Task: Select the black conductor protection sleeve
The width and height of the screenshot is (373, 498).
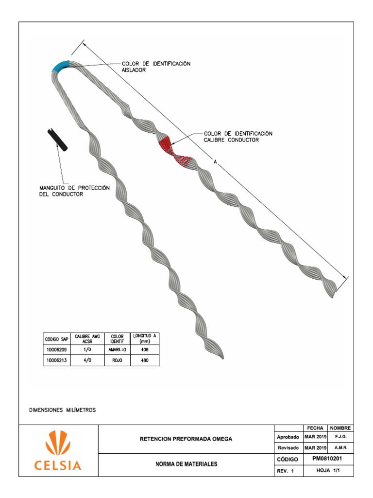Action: click(58, 140)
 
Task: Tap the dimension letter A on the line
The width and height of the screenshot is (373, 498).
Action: click(215, 161)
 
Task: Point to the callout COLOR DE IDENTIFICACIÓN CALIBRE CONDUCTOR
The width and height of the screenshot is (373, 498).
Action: click(238, 137)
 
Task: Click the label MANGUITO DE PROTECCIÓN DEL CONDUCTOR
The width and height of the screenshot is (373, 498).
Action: click(74, 191)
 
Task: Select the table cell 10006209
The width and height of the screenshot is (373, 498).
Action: click(57, 350)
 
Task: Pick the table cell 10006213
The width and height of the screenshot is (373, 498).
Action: click(57, 361)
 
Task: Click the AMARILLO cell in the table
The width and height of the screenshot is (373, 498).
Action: click(117, 350)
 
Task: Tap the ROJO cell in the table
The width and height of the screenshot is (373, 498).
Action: click(117, 361)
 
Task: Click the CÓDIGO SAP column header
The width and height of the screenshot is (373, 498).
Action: click(57, 338)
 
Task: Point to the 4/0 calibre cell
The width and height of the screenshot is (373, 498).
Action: click(87, 361)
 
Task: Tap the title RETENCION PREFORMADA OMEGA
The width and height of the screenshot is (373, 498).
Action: click(186, 439)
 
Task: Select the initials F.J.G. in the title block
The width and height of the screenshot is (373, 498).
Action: click(340, 437)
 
